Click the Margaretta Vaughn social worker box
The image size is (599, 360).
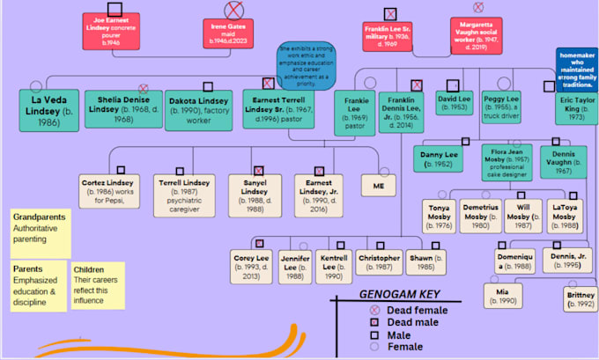[481, 35]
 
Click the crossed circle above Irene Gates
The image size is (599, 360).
[233, 11]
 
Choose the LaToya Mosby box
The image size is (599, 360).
[563, 215]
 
